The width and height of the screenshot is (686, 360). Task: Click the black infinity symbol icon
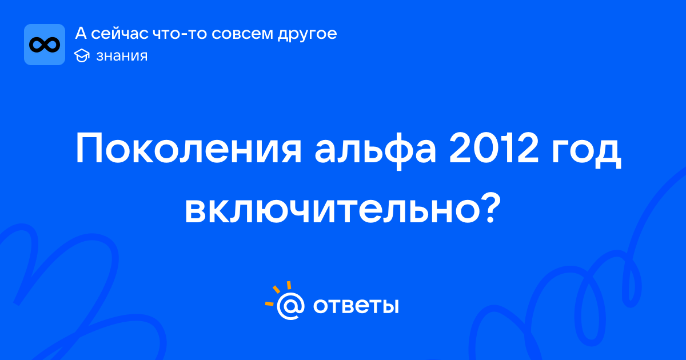click(x=45, y=45)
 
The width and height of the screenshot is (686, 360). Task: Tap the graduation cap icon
click(x=82, y=55)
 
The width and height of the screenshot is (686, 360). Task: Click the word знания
click(x=122, y=56)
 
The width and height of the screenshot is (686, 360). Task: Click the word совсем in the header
click(x=242, y=34)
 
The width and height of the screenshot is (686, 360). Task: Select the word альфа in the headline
click(x=376, y=149)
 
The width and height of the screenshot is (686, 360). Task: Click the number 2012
click(x=493, y=148)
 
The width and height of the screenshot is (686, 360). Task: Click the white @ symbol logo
click(x=290, y=306)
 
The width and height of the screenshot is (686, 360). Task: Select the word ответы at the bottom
click(x=356, y=306)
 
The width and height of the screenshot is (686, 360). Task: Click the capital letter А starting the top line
click(x=81, y=33)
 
